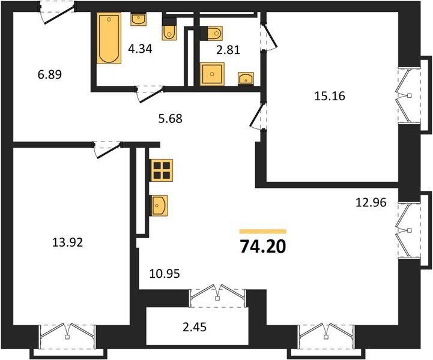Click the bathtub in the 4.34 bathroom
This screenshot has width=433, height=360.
tap(109, 38)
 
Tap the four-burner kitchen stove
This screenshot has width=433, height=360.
tap(162, 170)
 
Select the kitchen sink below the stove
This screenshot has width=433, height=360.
tap(159, 206)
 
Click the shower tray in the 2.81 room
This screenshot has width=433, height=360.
tap(212, 74)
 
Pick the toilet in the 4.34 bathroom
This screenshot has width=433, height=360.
tap(169, 29)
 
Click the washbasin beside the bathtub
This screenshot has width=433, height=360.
tap(138, 19)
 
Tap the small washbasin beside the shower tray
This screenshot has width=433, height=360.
tap(246, 79)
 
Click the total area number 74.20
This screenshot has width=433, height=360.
tap(262, 247)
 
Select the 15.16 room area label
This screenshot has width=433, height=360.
tap(330, 96)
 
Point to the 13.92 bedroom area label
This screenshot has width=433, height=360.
tap(68, 242)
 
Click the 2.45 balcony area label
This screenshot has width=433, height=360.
tap(195, 327)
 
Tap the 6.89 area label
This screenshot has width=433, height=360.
tap(50, 74)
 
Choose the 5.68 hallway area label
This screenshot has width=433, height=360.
tap(171, 119)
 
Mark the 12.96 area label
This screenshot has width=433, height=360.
tap(371, 203)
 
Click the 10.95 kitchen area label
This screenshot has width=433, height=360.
tap(165, 274)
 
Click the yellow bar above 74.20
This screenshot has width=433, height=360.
tap(262, 232)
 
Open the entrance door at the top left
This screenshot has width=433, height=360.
tap(58, 13)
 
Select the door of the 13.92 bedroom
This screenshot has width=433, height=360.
tap(107, 150)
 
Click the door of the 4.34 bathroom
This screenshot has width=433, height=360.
tap(150, 94)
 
